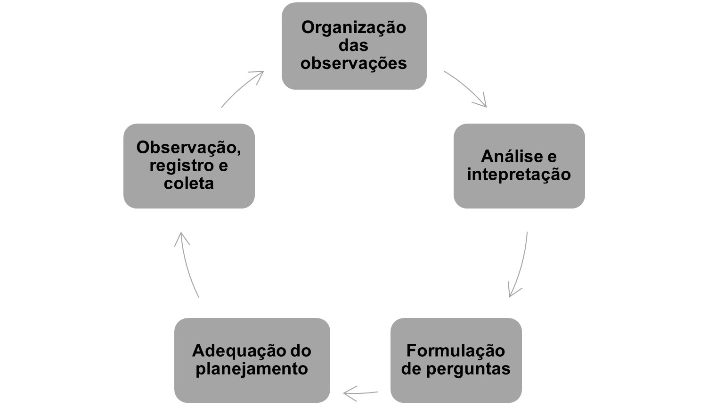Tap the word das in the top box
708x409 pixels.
353,45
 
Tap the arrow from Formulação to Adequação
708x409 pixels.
360,393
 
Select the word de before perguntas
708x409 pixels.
412,369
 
